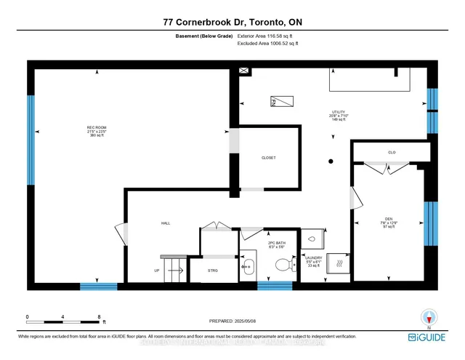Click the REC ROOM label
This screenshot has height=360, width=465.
pyautogui.click(x=97, y=132)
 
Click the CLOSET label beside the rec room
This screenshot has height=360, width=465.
pyautogui.click(x=269, y=158)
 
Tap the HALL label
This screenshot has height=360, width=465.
pyautogui.click(x=165, y=223)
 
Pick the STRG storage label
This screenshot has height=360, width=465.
pyautogui.click(x=213, y=271)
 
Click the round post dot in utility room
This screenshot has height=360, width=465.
pyautogui.click(x=331, y=161)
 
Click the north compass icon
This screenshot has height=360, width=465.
pyautogui.click(x=429, y=318)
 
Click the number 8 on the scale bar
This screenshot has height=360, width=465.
pyautogui.click(x=99, y=317)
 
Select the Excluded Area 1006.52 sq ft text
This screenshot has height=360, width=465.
pyautogui.click(x=268, y=44)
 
